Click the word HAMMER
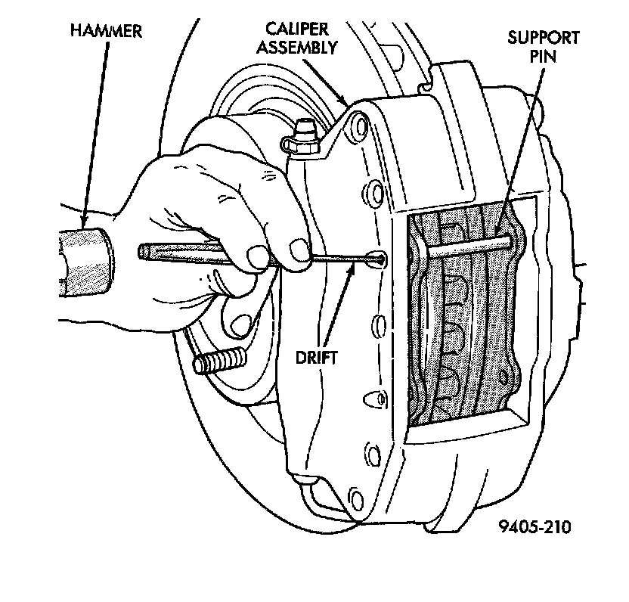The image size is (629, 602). [x=106, y=31]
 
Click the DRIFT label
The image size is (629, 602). [x=317, y=356]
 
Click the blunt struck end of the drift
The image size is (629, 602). [x=144, y=251]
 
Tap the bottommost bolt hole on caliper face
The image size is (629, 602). [x=355, y=497]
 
